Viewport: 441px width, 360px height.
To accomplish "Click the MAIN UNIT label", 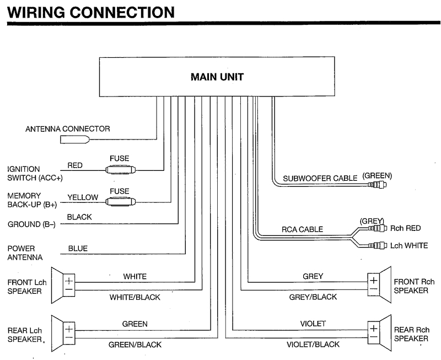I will click(x=217, y=77).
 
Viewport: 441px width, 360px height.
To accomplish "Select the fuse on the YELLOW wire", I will click(x=119, y=202).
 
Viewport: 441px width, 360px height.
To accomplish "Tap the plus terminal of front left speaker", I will click(x=69, y=281).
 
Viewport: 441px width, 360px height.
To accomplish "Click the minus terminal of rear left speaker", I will click(x=69, y=336).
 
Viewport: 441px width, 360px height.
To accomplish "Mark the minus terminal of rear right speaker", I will click(x=373, y=335).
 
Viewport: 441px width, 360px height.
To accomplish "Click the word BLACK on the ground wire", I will click(x=79, y=217).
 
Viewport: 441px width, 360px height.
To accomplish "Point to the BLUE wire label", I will click(x=78, y=249).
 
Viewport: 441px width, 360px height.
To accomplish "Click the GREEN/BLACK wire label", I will click(x=135, y=345).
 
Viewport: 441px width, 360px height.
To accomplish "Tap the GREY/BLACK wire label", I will click(x=313, y=297).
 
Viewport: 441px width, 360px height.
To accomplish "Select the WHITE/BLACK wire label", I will click(x=135, y=297).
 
